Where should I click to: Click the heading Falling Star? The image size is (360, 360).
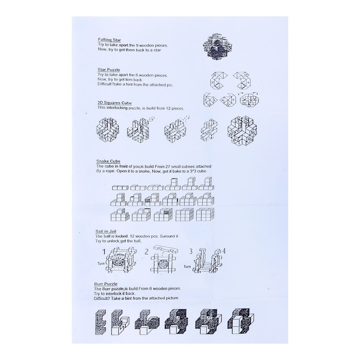[109, 40]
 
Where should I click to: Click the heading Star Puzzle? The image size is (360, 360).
[109, 69]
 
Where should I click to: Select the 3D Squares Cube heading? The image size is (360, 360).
[115, 103]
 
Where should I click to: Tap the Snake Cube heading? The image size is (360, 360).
[108, 161]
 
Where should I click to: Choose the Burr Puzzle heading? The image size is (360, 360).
[105, 284]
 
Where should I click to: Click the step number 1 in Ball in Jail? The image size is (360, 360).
[104, 252]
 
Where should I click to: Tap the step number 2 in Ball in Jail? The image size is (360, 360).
[147, 252]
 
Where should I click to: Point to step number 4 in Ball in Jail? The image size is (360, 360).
[224, 251]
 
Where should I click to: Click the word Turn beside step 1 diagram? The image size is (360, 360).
[101, 263]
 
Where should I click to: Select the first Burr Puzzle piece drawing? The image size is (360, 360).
[100, 322]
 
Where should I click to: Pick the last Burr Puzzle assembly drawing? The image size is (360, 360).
[240, 321]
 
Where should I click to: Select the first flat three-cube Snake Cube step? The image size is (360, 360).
[120, 188]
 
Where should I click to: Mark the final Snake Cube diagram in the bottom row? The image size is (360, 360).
[206, 214]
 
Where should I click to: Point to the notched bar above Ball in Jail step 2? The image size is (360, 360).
[166, 249]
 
